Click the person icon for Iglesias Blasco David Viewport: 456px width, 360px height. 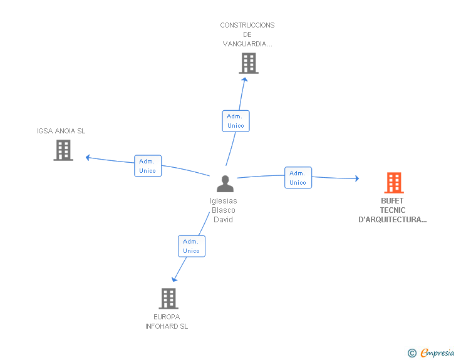(225, 183)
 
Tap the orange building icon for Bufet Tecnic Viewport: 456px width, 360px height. (394, 183)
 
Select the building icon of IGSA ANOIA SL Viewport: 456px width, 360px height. (63, 150)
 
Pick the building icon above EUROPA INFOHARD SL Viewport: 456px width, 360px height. (168, 299)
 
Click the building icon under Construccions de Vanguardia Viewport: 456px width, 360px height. (249, 63)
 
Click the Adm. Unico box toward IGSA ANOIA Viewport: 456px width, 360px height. (148, 166)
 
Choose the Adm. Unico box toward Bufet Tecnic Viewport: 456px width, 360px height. (298, 178)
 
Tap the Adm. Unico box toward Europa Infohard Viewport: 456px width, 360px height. (192, 246)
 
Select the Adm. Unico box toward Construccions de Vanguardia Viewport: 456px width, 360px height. (236, 121)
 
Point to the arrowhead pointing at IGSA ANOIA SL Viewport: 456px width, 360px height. (88, 157)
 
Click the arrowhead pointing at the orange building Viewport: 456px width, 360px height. (357, 178)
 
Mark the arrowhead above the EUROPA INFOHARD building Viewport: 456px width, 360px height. (174, 279)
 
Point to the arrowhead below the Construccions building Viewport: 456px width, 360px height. (245, 80)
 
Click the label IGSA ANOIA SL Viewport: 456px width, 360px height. (61, 131)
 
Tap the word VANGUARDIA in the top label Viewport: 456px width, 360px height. (247, 44)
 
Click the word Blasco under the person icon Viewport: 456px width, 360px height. (224, 210)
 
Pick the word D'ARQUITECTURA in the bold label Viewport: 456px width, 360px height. (392, 220)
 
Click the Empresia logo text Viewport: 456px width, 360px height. (437, 352)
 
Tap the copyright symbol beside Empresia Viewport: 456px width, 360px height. (412, 353)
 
